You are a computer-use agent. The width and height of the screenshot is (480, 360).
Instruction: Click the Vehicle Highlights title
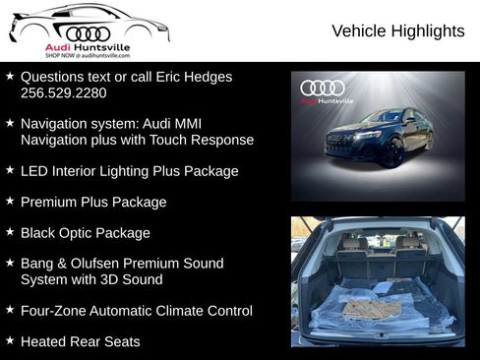[397, 31]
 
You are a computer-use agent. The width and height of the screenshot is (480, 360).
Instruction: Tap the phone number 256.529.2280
[63, 92]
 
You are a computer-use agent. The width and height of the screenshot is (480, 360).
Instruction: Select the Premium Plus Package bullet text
[93, 202]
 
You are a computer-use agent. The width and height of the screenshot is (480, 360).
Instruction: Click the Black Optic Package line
[86, 233]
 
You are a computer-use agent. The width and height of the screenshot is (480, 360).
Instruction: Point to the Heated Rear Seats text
[80, 341]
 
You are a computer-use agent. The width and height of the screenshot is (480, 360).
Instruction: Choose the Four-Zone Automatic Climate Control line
[136, 311]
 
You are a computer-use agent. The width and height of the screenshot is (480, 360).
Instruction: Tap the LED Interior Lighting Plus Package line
[129, 171]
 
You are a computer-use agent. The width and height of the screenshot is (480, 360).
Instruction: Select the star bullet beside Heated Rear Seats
[10, 340]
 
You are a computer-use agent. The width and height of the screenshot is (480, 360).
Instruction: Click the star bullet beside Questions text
[10, 76]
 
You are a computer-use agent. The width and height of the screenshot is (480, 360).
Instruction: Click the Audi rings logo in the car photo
[323, 89]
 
